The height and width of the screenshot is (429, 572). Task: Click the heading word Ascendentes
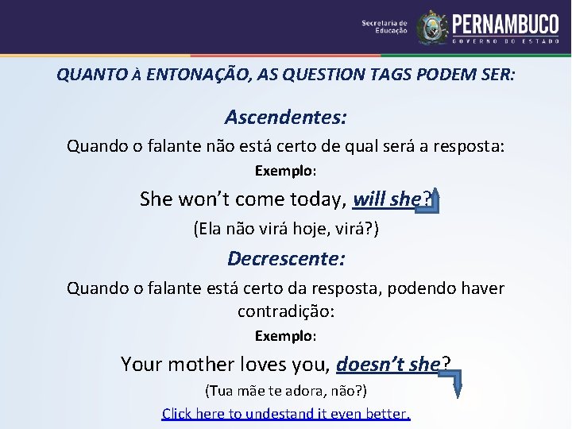point(285,118)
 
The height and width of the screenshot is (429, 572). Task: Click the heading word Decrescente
point(285,258)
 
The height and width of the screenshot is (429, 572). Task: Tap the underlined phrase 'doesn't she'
point(388,364)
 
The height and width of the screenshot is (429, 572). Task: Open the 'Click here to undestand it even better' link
point(285,413)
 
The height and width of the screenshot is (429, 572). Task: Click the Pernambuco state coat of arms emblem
point(432,27)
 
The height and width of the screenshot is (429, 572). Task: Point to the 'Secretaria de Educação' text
point(385,27)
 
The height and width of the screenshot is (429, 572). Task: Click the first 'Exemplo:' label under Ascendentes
point(285,171)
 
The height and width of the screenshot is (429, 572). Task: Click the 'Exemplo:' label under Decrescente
point(285,336)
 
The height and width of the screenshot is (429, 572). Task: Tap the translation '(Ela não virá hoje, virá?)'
point(285,230)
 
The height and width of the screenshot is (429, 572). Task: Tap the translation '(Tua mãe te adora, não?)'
point(285,391)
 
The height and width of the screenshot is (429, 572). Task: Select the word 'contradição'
point(285,311)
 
